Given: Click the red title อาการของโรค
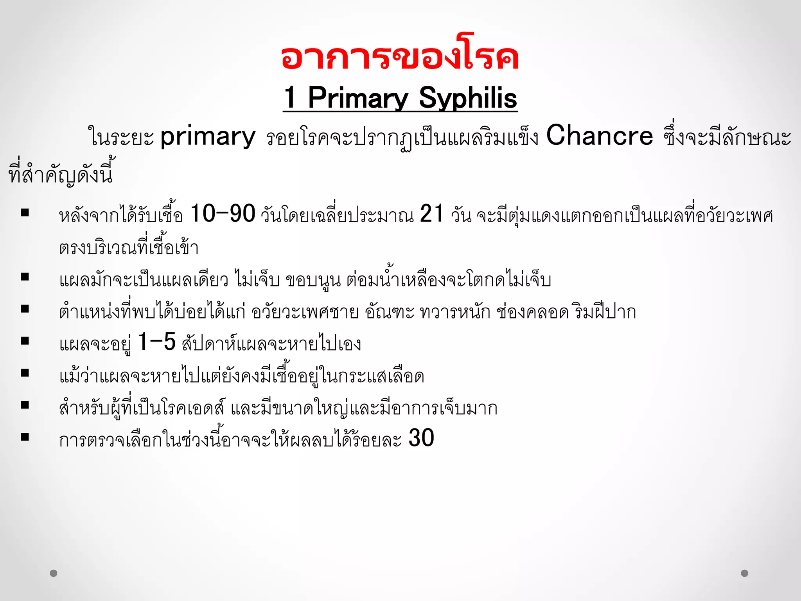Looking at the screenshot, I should coord(400,58).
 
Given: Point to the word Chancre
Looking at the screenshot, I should coord(599,136).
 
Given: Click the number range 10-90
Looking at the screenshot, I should coord(223,214).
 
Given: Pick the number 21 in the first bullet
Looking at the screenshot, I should coord(432,214).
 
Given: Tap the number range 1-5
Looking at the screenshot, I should coord(157,342).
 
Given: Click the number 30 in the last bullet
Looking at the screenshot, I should coord(421,438).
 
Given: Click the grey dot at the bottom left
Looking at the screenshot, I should coord(54,573).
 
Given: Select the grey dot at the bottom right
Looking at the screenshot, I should coord(745,573).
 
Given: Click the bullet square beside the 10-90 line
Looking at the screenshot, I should coord(25,213).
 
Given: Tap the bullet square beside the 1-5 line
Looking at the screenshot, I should coord(25,341).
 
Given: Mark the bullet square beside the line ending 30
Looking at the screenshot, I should coord(25,437).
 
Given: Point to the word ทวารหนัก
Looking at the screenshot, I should coord(455,312).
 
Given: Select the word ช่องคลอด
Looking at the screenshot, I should coord(532,312).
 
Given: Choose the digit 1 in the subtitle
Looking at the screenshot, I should coord(290,98).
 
